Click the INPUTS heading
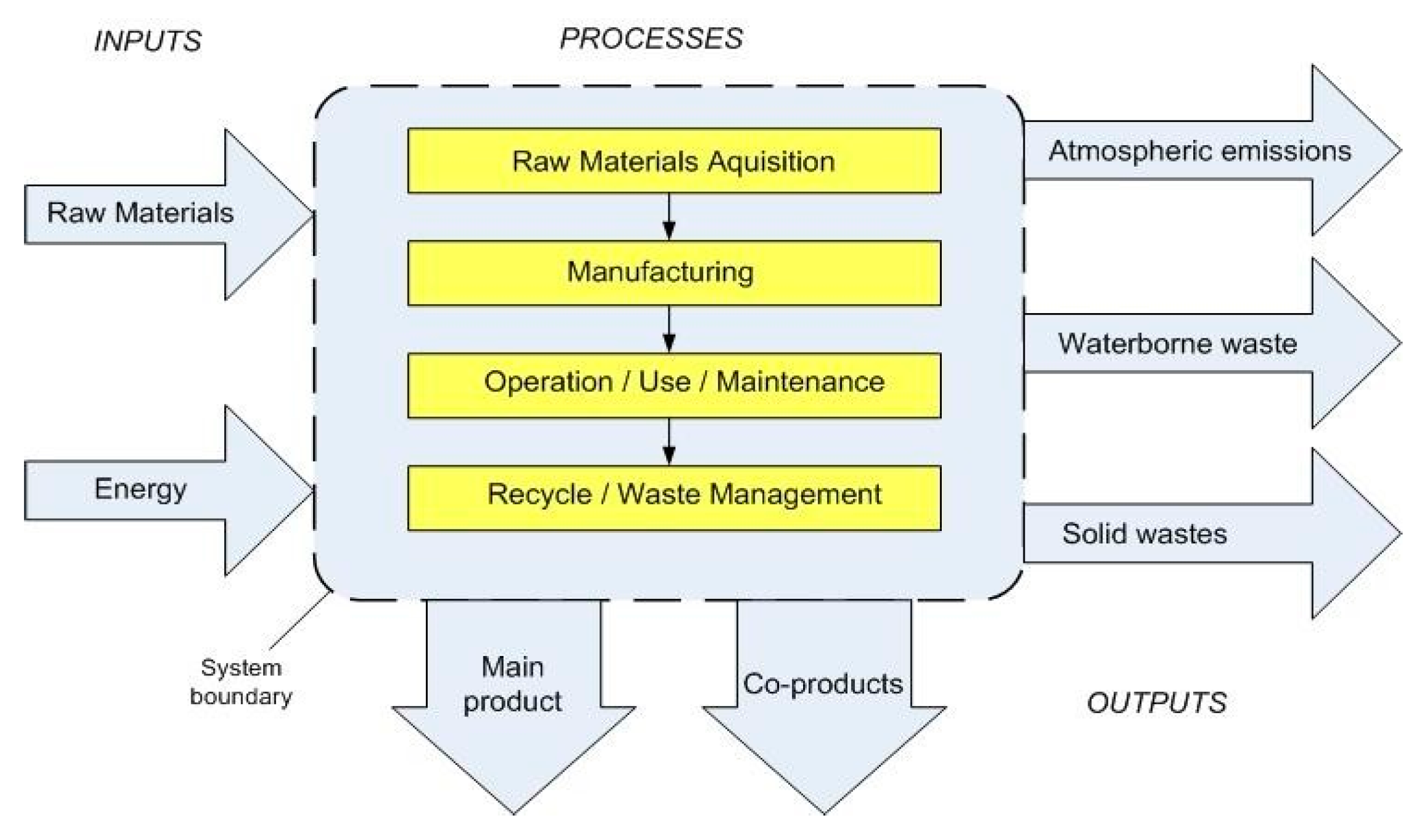(x=147, y=41)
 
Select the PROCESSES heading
(x=651, y=39)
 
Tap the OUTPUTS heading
(x=1156, y=703)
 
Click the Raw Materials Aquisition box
(x=673, y=161)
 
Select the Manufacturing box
(x=673, y=273)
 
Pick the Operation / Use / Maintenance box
(x=673, y=385)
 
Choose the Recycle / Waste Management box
(x=673, y=498)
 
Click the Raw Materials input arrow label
(x=140, y=213)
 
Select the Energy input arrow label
(x=140, y=489)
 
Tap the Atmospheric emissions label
(x=1200, y=150)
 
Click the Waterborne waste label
(x=1177, y=343)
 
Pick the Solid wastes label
(x=1144, y=534)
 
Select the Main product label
(x=512, y=684)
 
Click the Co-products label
(x=823, y=684)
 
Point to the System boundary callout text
(x=240, y=682)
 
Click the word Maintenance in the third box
(x=800, y=382)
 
